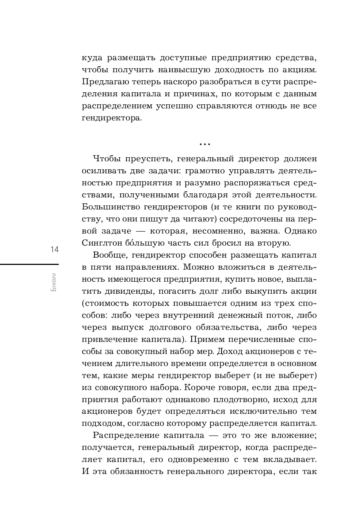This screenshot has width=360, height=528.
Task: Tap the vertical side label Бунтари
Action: tap(54, 282)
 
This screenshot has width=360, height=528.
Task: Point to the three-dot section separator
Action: tap(205, 144)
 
